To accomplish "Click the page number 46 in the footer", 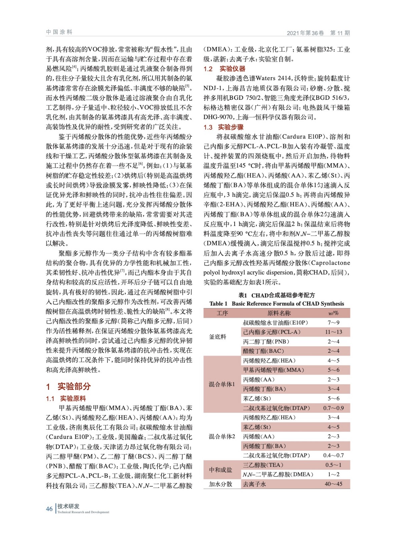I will [49, 509].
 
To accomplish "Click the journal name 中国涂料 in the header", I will [59, 32].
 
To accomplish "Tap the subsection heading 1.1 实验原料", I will [66, 398].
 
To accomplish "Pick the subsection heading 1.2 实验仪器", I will [224, 69].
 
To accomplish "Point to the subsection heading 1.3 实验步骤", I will [224, 127].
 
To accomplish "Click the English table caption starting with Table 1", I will [277, 304].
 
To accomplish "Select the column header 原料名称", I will [279, 313].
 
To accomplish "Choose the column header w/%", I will [333, 313].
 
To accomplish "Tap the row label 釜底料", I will [218, 337].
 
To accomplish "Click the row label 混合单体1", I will [222, 384].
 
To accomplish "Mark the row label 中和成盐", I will [220, 470].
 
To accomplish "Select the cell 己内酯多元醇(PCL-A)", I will [272, 332].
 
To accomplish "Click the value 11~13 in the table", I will [333, 332].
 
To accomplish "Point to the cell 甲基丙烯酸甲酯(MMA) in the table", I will [274, 370].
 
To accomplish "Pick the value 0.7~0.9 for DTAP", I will [333, 408].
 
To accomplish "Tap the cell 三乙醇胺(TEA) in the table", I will [263, 465].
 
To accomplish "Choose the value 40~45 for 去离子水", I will [333, 484].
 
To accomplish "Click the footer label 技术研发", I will [68, 506].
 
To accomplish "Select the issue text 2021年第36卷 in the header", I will [305, 33].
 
